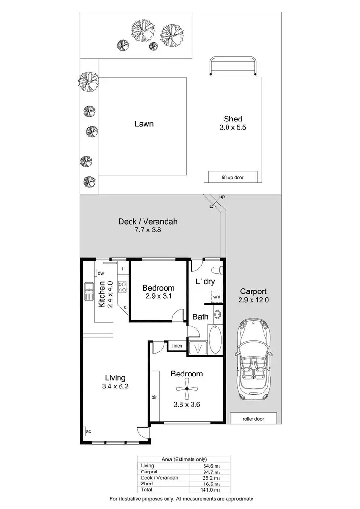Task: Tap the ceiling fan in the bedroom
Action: pyautogui.click(x=187, y=389)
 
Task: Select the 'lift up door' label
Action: pyautogui.click(x=233, y=177)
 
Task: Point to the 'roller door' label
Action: pyautogui.click(x=253, y=419)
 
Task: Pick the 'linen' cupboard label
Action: pyautogui.click(x=177, y=346)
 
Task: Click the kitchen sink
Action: pyautogui.click(x=89, y=291)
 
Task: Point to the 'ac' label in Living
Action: pyautogui.click(x=88, y=432)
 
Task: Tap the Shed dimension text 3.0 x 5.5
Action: pyautogui.click(x=233, y=128)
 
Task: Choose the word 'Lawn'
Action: pyautogui.click(x=144, y=124)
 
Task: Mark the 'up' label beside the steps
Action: pyautogui.click(x=221, y=197)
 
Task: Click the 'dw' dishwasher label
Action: pyautogui.click(x=101, y=273)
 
